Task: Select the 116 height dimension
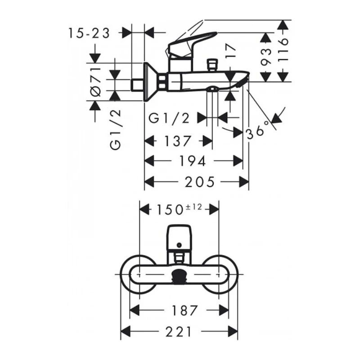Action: [283, 51]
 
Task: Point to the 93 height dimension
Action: [267, 56]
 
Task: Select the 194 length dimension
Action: [193, 161]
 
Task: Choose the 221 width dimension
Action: [179, 332]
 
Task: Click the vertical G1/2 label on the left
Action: [116, 130]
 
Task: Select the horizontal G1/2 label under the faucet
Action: [170, 118]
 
